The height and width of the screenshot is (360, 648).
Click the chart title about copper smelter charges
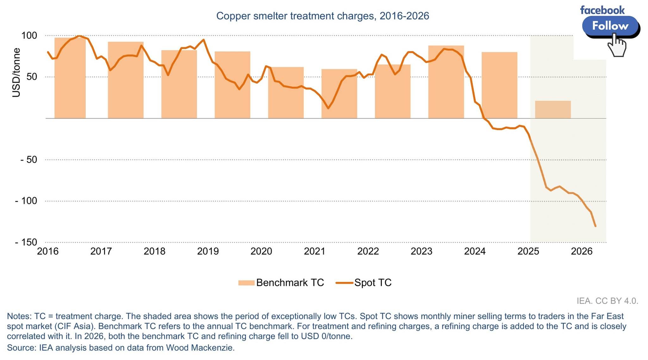322,16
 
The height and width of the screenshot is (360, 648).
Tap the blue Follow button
610,26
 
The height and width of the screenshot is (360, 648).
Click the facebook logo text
602,10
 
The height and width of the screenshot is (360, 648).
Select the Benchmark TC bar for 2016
70,78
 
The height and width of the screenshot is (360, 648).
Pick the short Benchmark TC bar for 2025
553,110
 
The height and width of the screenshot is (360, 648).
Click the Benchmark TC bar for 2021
339,94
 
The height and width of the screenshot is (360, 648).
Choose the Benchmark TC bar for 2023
446,82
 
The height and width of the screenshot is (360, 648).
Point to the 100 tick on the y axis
29,35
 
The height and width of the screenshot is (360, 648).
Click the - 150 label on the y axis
26,242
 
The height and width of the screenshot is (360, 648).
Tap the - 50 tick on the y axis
29,160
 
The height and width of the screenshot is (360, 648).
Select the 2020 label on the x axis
261,251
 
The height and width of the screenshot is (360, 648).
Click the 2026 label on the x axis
582,251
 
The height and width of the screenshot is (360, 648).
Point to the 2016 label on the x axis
48,251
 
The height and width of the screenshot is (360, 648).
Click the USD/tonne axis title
16,73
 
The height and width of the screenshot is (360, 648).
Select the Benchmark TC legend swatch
246,283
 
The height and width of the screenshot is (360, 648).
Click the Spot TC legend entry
364,282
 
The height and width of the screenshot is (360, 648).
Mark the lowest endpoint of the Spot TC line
595,226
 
